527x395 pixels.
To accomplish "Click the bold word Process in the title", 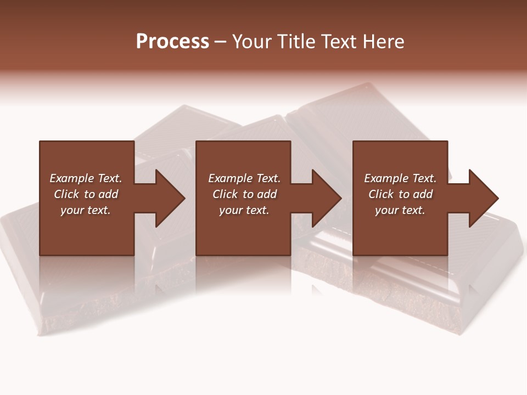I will pos(172,42).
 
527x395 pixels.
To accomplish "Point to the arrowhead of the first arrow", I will pos(170,198).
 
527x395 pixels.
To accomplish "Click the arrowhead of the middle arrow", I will pos(327,198).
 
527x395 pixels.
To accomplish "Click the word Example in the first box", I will pos(71,178).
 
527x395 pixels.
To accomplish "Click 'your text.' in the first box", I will pos(86,210).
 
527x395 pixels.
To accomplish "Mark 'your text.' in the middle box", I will pos(244,210).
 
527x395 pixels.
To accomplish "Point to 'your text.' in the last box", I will pos(400,210).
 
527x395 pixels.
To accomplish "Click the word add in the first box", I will pos(108,194).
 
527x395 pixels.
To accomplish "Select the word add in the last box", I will pos(423,194).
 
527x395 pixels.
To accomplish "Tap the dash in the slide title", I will pos(220,42).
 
